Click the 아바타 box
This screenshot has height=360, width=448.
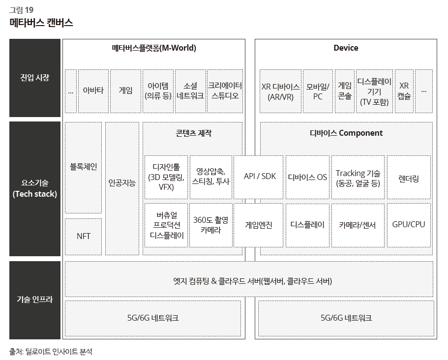tap(93, 91)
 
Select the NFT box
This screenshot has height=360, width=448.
tap(84, 237)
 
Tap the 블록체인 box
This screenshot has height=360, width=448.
tap(84, 167)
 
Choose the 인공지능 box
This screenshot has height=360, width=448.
tap(122, 188)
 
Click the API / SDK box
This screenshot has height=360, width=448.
tap(259, 177)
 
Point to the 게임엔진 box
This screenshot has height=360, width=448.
tap(259, 225)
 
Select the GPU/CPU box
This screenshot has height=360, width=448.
tap(409, 225)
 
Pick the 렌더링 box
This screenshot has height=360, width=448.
tap(409, 177)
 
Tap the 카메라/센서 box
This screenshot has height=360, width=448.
tap(358, 225)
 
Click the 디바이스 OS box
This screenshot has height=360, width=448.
tap(307, 177)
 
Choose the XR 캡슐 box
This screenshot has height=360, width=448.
tap(404, 91)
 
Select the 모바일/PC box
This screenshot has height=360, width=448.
tap(318, 91)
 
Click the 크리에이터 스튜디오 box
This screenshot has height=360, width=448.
tap(225, 91)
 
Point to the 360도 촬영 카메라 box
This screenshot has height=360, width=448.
tap(211, 225)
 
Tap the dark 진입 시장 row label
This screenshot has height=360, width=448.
tap(35, 78)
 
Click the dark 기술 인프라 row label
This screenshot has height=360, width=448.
tap(35, 300)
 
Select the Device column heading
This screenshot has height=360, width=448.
tap(346, 48)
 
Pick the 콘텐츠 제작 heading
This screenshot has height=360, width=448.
tap(193, 133)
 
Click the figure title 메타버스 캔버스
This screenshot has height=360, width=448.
tap(41, 23)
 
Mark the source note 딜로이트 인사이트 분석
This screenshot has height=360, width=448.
tap(59, 352)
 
